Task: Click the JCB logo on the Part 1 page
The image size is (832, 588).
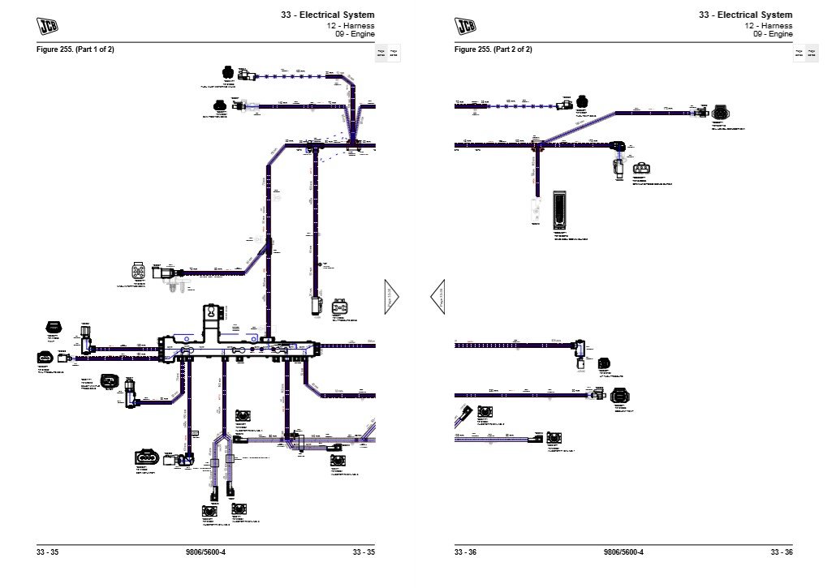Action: click(48, 26)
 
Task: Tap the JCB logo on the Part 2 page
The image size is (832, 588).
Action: click(466, 26)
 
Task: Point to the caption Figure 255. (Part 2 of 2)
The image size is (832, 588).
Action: click(494, 49)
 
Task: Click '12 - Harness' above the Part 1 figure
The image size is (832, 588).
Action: click(354, 25)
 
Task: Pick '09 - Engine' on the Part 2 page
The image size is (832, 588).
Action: click(773, 35)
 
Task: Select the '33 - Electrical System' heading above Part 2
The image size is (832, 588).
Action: click(745, 15)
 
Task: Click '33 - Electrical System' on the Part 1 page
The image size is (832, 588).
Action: click(328, 15)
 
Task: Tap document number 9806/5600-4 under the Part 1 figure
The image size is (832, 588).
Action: click(205, 553)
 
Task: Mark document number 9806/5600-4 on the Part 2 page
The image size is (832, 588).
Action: click(623, 553)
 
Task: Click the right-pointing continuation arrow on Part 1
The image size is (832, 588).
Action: click(392, 297)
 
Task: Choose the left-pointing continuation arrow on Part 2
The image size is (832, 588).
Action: click(437, 297)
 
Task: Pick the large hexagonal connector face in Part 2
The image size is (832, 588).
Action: click(619, 396)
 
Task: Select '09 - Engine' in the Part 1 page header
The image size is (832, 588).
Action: click(355, 35)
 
